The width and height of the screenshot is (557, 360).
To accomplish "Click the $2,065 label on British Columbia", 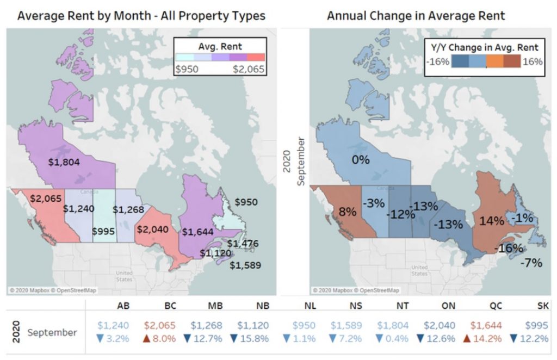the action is (x=46, y=198).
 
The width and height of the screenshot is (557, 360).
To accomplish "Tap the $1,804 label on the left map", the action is (x=64, y=162).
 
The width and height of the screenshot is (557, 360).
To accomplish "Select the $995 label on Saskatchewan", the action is (x=103, y=232).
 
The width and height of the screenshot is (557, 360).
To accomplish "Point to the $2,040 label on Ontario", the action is (x=153, y=229).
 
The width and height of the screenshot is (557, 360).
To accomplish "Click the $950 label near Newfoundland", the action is (x=246, y=202).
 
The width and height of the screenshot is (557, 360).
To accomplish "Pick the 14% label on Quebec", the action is (x=492, y=221).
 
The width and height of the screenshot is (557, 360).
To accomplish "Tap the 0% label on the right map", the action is (x=361, y=160).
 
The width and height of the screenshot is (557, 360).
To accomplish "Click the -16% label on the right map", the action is (x=509, y=248).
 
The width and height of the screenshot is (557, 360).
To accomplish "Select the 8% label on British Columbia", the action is (x=347, y=212).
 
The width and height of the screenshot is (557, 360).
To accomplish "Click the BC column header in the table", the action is (x=170, y=306).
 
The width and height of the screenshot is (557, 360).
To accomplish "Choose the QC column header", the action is (x=496, y=306).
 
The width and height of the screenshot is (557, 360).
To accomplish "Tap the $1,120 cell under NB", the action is (x=253, y=325).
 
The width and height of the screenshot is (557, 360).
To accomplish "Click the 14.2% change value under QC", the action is (x=487, y=339).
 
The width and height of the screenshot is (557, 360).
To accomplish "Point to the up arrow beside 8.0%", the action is (x=146, y=339).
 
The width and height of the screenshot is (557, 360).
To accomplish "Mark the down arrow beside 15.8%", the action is (x=234, y=339).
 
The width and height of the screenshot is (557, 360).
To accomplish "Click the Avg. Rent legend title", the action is (x=220, y=47).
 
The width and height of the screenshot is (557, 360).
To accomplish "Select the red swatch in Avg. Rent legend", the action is (x=256, y=57).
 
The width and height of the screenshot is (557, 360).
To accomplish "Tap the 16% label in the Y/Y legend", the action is (x=533, y=62).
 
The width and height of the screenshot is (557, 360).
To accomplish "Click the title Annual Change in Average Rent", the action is (x=416, y=16).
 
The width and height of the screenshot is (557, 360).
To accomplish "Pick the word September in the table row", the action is (x=52, y=333).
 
